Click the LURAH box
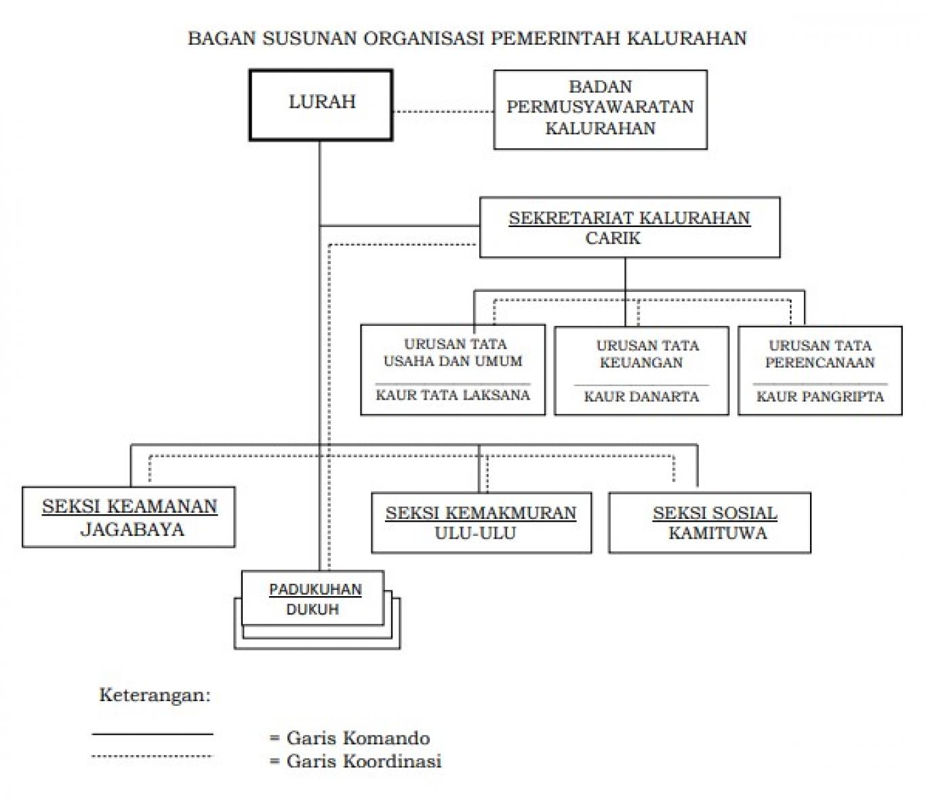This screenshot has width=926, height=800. click(321, 105)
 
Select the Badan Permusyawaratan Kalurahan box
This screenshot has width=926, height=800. click(600, 108)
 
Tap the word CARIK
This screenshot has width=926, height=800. click(613, 238)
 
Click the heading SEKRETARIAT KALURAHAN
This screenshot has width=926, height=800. click(629, 218)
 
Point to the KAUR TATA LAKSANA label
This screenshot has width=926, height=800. click(453, 395)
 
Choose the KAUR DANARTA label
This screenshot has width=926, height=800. click(641, 396)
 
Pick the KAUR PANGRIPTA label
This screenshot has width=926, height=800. click(820, 396)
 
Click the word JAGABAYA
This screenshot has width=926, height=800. click(132, 529)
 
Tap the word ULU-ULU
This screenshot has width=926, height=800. click(475, 533)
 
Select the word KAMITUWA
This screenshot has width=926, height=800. click(718, 533)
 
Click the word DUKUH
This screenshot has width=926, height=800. click(313, 609)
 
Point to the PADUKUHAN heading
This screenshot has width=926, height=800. click(315, 589)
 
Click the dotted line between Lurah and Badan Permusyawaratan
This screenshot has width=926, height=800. click(443, 111)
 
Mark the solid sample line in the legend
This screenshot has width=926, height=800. click(153, 734)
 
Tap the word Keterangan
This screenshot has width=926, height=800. click(155, 695)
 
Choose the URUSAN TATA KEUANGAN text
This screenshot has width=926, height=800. click(647, 354)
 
